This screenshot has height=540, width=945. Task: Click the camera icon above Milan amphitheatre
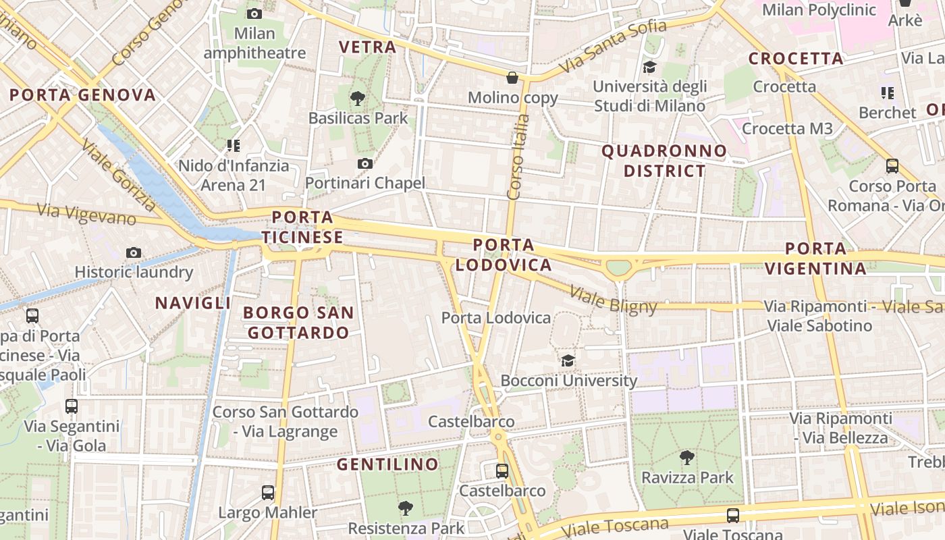click(x=254, y=13)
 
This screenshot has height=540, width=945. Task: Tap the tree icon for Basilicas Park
click(x=358, y=99)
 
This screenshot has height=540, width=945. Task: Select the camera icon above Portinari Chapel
click(x=365, y=163)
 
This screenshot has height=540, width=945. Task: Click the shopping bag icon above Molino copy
click(x=512, y=78)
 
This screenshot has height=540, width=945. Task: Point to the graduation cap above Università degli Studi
click(x=649, y=67)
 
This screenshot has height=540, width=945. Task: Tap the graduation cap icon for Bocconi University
click(x=568, y=360)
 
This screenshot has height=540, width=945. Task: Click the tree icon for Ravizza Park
click(x=686, y=458)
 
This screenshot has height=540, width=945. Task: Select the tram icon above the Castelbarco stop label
click(x=502, y=470)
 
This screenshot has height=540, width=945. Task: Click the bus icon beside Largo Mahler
click(x=268, y=493)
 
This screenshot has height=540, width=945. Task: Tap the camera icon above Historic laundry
click(x=134, y=252)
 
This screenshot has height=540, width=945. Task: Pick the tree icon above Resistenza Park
click(x=406, y=508)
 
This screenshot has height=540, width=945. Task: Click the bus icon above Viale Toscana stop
click(x=732, y=516)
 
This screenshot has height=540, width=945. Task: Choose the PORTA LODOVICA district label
click(x=504, y=254)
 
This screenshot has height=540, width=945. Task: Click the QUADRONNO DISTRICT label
click(x=664, y=161)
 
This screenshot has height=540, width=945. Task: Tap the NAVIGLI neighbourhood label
click(x=193, y=303)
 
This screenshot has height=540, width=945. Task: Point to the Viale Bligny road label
click(x=613, y=300)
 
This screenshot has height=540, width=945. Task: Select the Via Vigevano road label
click(x=86, y=214)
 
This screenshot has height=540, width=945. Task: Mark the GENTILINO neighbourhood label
click(x=387, y=464)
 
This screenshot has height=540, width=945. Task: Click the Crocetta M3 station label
click(x=787, y=128)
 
